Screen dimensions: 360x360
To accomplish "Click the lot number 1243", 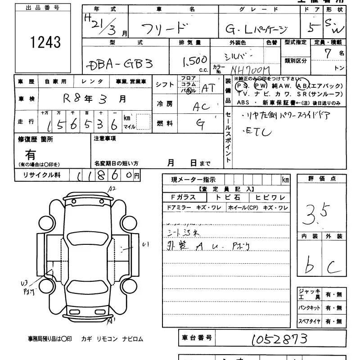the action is click(45, 42).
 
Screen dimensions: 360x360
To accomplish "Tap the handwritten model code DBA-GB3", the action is click(119, 63).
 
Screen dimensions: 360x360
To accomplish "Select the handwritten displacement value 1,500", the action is click(194, 60).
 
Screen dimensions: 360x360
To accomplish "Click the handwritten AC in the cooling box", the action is click(201, 107).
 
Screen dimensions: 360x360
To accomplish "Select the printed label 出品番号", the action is click(42, 8).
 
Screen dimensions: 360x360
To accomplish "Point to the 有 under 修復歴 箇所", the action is click(31, 155).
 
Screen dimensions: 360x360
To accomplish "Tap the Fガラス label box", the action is click(183, 197).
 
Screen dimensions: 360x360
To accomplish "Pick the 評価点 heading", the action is click(322, 179).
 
